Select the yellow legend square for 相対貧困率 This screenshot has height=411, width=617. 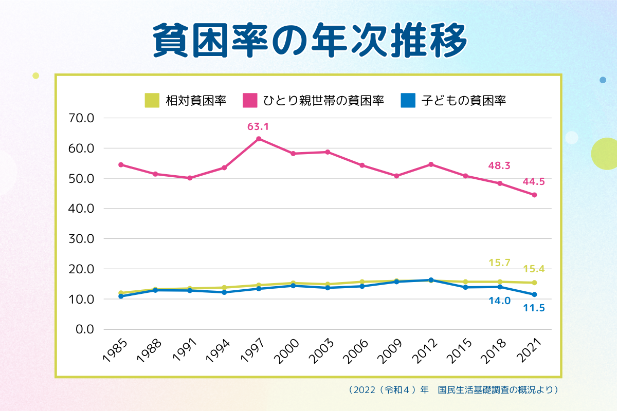click(152, 100)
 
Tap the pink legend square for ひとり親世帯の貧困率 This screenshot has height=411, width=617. click(250, 100)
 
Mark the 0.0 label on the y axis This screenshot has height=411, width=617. click(84, 329)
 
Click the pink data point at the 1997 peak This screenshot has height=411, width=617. click(259, 139)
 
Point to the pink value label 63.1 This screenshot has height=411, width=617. click(259, 126)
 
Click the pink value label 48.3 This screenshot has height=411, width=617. click(499, 166)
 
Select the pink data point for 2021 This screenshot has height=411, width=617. click(534, 195)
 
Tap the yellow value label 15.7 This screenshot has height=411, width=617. click(499, 263)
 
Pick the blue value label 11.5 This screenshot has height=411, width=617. click(534, 308)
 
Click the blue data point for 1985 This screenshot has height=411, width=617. click(121, 296)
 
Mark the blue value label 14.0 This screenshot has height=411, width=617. click(499, 301)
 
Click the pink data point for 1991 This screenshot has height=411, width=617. click(190, 178)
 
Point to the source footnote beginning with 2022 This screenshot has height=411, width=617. click(453, 390)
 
